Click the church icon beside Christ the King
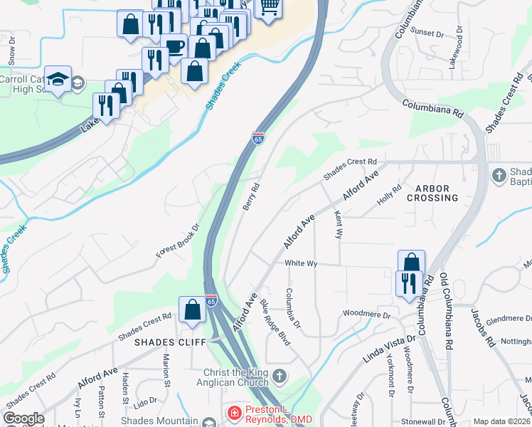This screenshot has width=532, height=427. (281, 376)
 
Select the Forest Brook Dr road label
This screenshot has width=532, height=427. (177, 241)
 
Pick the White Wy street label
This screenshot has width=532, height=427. (300, 263)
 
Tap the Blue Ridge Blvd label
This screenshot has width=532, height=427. (275, 322)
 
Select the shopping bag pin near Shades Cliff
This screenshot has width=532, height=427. (192, 310)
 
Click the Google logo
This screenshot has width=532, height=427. (24, 418)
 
